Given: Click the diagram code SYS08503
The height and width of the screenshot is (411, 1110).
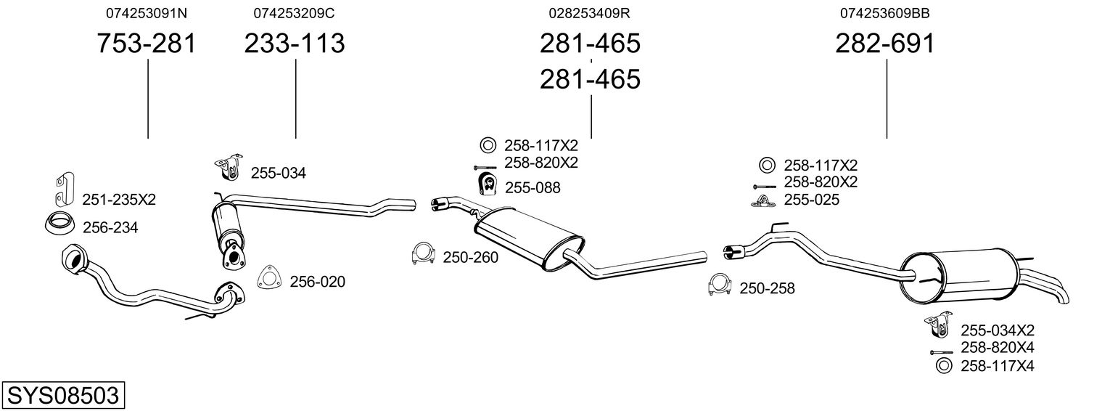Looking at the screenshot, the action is point(63,396).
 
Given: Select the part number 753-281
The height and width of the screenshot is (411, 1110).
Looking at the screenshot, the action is point(147,43).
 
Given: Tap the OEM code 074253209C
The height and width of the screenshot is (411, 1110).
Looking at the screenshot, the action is point(294,13).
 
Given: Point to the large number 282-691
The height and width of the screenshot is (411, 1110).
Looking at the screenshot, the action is point(885,43).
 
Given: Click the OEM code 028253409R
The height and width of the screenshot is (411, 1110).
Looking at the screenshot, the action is point(589,13).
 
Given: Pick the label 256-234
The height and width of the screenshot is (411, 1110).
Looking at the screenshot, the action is point(110,227).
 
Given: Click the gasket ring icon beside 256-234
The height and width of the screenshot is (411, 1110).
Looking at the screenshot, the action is point(60,224).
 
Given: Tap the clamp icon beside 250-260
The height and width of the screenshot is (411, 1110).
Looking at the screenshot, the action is point(423,253).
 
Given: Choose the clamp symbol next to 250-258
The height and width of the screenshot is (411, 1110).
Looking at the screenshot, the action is point(720,284).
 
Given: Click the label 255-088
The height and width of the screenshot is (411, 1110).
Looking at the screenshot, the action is point(533,188).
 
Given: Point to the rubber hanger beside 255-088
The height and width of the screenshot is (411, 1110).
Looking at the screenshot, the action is point(488,184).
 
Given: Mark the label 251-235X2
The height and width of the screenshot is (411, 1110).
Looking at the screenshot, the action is point(119,200).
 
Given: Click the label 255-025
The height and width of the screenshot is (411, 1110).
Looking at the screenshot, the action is point(812,200).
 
